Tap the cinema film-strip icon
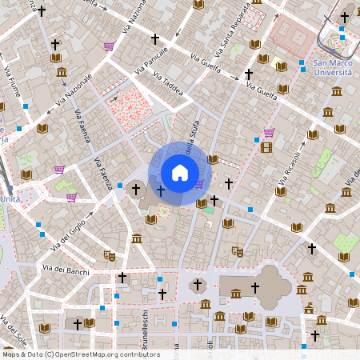pos(266,146)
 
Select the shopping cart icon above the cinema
pos(269,133)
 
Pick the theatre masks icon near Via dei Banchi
pos(109,255)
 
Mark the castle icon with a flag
pos(309,307)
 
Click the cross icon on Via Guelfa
pos(248,74)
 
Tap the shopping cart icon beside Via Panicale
pos(109,46)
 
